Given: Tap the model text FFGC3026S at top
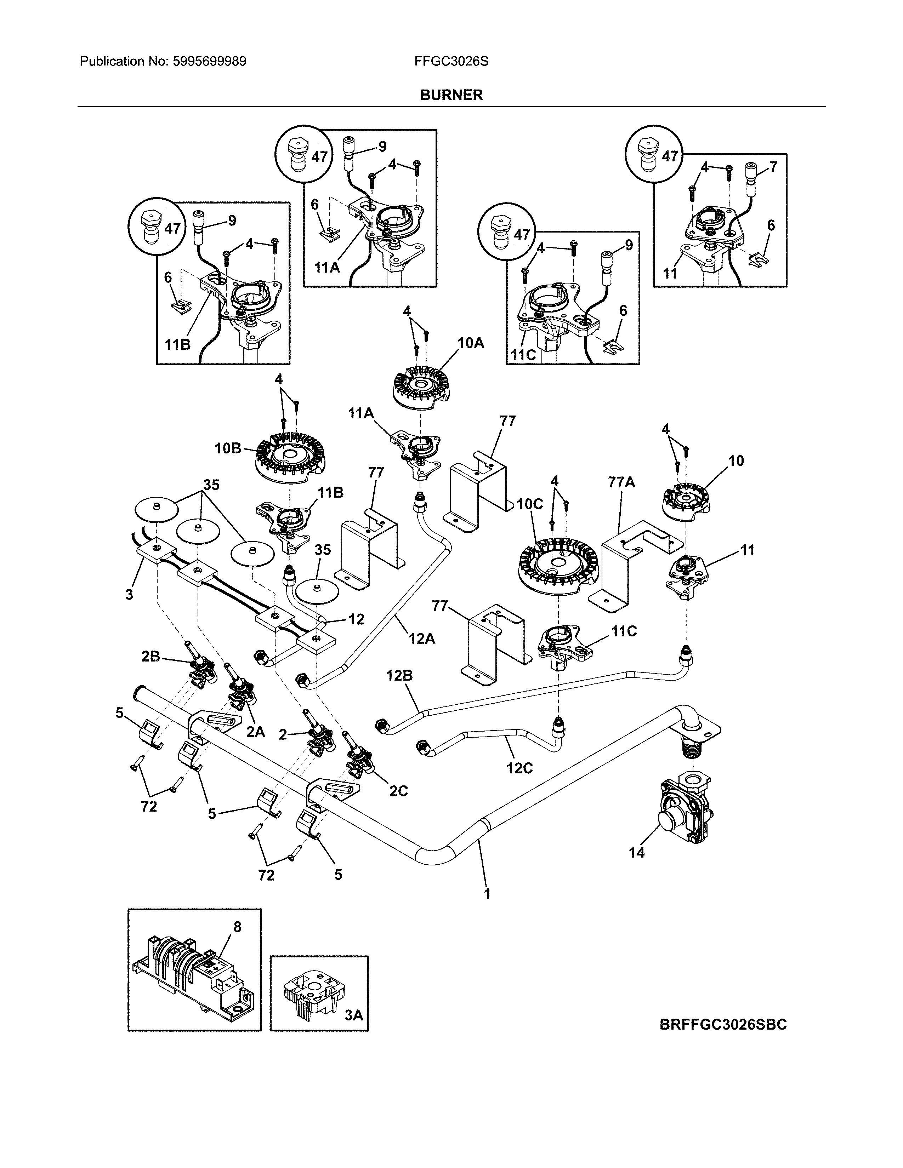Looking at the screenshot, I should [x=451, y=62].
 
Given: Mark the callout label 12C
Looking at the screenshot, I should [x=519, y=768].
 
